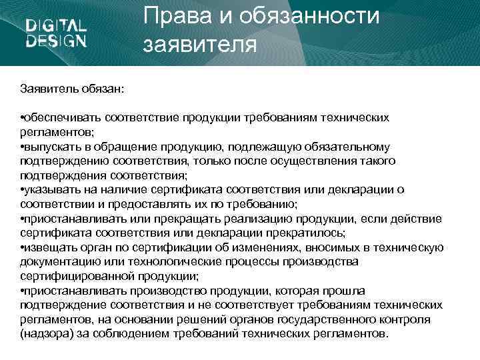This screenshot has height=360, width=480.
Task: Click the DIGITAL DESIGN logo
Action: [56, 33]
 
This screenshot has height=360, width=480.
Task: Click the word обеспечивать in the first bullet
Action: [63, 117]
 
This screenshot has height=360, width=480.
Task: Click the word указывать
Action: [52, 189]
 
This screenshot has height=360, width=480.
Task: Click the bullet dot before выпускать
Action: [23, 147]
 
